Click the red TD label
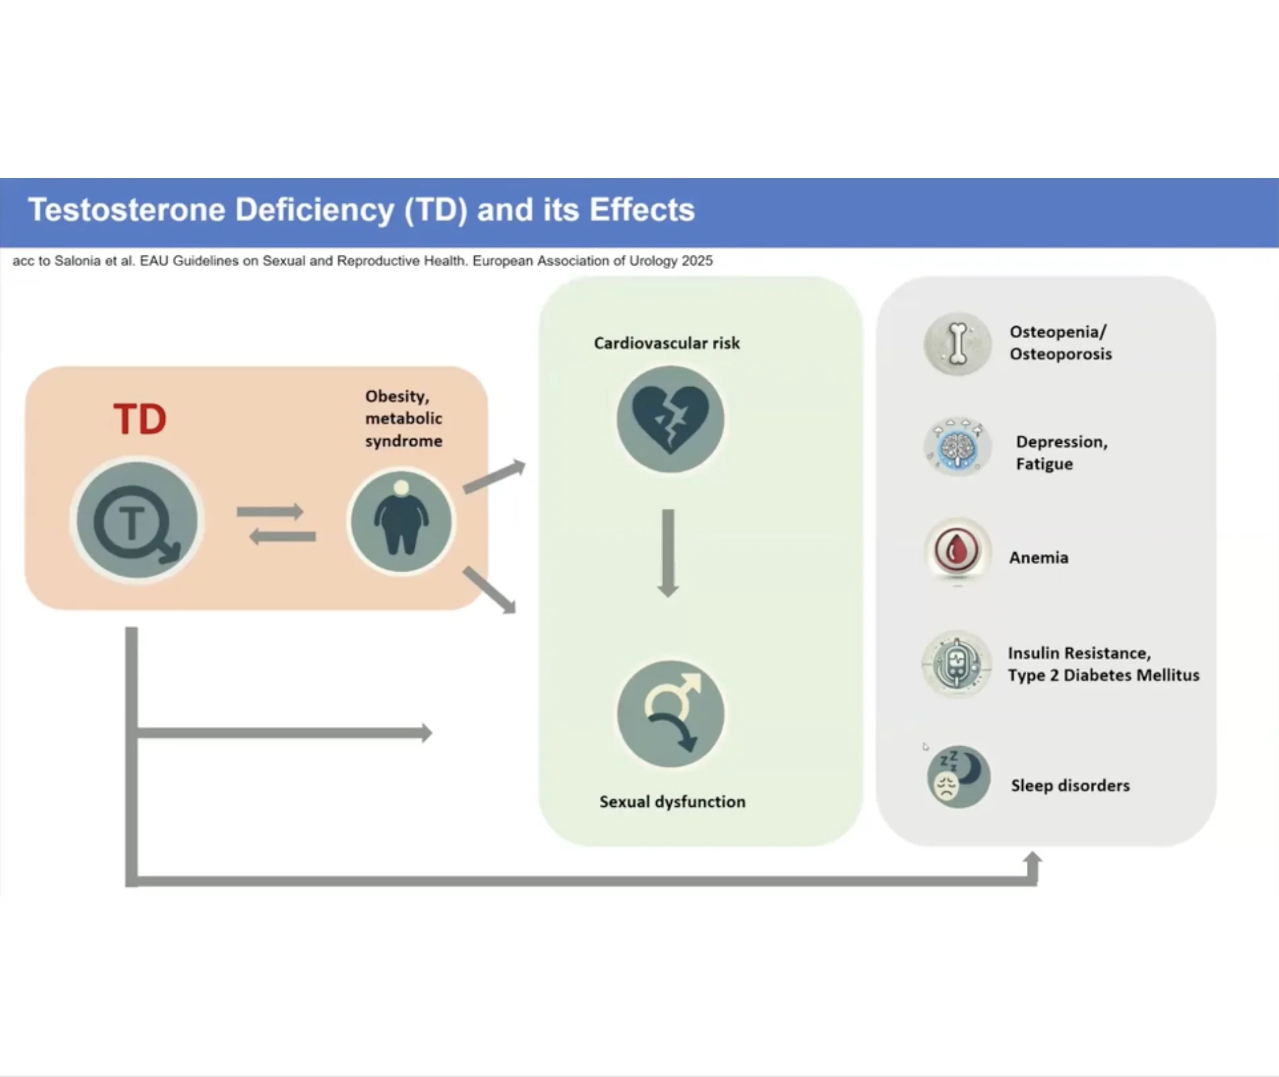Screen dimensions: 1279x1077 click(140, 420)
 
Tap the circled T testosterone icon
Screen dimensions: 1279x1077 click(137, 520)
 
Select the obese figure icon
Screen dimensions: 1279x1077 click(401, 521)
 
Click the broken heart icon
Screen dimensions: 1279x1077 click(670, 420)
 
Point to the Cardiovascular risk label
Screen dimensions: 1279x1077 click(666, 344)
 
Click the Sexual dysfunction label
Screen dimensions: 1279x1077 click(672, 801)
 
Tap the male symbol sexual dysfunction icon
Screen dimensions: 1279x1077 click(670, 714)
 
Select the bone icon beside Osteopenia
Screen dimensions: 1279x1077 click(958, 344)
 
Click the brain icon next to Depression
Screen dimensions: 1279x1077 click(958, 447)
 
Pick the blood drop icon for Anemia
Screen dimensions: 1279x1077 click(956, 551)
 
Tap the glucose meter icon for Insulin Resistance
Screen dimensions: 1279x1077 click(956, 664)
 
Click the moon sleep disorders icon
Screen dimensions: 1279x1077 click(958, 776)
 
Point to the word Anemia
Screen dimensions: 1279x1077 click(1038, 557)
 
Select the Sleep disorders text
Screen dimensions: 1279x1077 click(1070, 785)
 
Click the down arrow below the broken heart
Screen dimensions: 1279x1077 click(668, 553)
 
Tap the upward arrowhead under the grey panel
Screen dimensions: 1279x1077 click(1032, 861)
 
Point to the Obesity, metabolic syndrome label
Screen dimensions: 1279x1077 click(403, 418)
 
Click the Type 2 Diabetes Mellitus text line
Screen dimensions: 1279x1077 click(1103, 675)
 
